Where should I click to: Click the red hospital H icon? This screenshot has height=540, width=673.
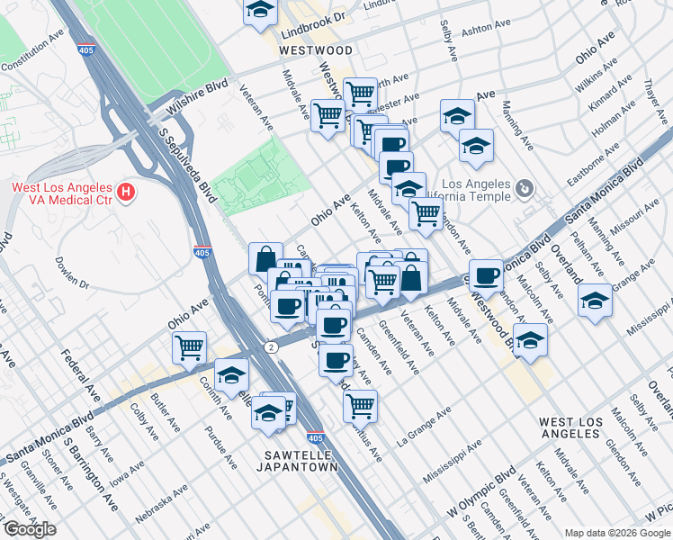[x=127, y=192]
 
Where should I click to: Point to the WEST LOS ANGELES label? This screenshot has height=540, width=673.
[x=581, y=427]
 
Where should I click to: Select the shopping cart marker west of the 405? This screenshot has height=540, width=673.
[x=190, y=346]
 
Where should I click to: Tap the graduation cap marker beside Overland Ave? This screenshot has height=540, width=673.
[x=595, y=301]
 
